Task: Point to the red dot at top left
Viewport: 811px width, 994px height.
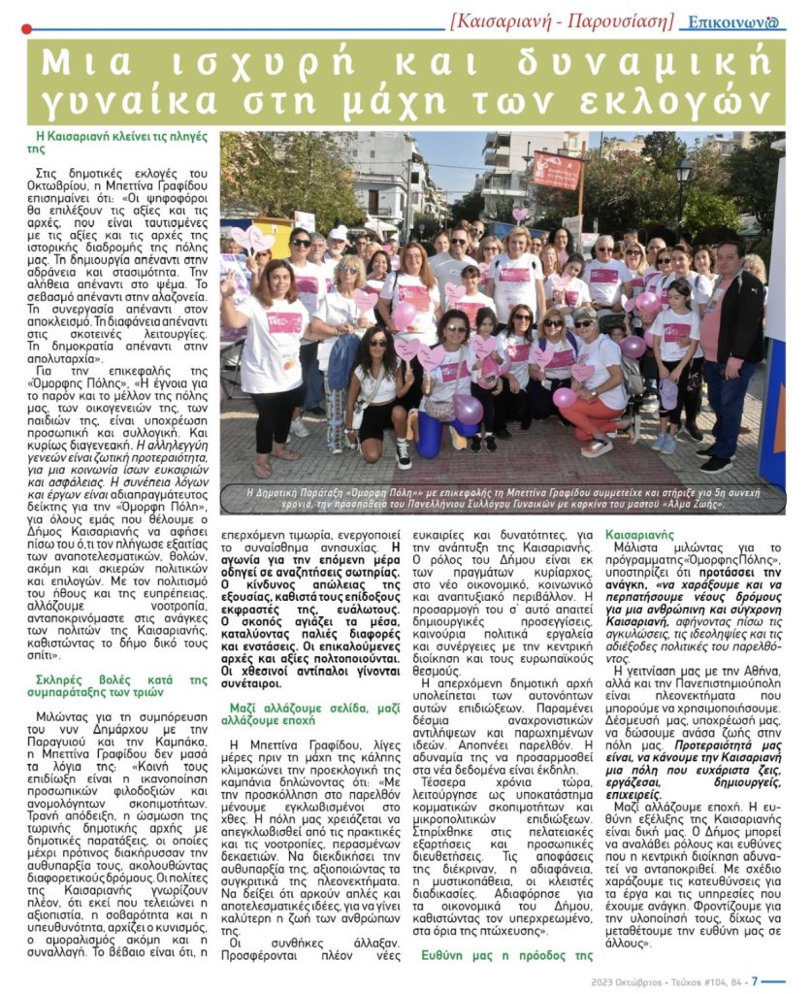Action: pos(26,28)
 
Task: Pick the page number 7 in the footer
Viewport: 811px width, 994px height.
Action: pos(754,979)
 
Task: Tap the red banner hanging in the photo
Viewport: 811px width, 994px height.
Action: pos(556,171)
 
